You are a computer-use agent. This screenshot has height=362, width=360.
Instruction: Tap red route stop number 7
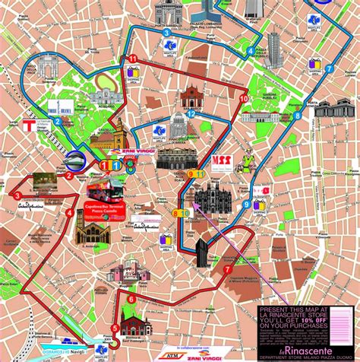227,269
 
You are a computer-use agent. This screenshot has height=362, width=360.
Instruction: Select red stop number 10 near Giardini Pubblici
244,99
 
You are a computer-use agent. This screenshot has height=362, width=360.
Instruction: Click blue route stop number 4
250,52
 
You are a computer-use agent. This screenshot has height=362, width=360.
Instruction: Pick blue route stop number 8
298,115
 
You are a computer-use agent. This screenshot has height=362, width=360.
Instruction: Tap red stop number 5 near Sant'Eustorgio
115,329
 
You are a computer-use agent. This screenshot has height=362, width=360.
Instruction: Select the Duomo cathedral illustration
209,198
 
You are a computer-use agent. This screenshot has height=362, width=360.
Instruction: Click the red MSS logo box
221,161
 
